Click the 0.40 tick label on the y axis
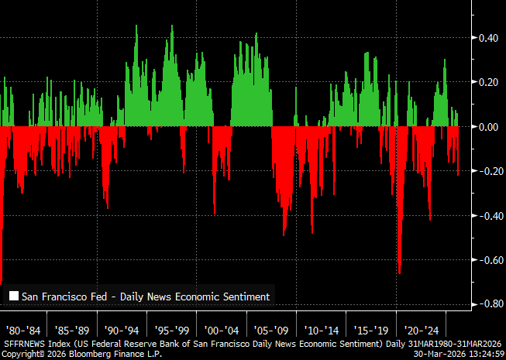pyautogui.click(x=490, y=37)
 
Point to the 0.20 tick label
pyautogui.click(x=490, y=82)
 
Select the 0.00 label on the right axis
pyautogui.click(x=490, y=126)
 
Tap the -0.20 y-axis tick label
pyautogui.click(x=488, y=171)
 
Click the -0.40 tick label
pyautogui.click(x=488, y=216)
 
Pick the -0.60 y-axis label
pyautogui.click(x=488, y=260)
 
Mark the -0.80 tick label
pyautogui.click(x=488, y=304)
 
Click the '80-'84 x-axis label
pyautogui.click(x=22, y=327)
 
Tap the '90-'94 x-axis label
pyautogui.click(x=122, y=327)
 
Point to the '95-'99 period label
pyautogui.click(x=171, y=327)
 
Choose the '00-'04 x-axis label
pyautogui.click(x=222, y=327)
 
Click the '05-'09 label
pyautogui.click(x=271, y=327)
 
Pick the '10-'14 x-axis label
pyautogui.click(x=321, y=327)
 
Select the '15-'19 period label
pyautogui.click(x=370, y=327)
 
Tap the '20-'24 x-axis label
pyautogui.click(x=421, y=327)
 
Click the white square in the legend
pyautogui.click(x=13, y=296)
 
